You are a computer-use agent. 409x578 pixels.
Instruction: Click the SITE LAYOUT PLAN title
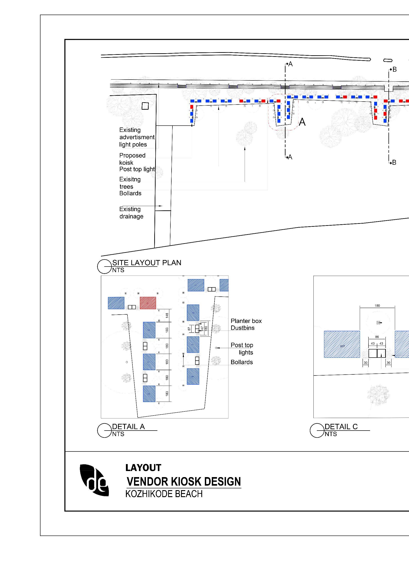(x=147, y=262)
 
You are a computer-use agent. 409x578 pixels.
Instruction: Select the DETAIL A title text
(x=128, y=427)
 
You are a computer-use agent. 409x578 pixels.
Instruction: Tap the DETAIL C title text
(x=341, y=427)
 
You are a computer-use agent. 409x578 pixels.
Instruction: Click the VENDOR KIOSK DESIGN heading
(x=184, y=482)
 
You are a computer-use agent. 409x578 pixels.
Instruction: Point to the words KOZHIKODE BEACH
(x=164, y=494)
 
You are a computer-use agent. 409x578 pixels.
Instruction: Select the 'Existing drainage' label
(x=131, y=213)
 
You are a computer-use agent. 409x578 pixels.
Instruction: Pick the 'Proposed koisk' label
(x=132, y=159)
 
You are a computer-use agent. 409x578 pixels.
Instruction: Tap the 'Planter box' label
(x=246, y=321)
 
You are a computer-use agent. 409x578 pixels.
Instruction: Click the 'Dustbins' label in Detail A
(x=243, y=328)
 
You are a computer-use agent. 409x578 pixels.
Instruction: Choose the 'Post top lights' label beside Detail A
(x=242, y=349)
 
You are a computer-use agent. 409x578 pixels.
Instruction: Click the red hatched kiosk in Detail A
(x=148, y=303)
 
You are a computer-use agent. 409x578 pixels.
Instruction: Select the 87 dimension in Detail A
(x=189, y=329)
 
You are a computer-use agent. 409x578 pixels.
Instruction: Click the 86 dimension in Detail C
(x=377, y=337)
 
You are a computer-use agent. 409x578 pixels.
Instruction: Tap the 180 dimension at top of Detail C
(x=377, y=306)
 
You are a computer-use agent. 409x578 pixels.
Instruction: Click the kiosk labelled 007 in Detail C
(x=342, y=344)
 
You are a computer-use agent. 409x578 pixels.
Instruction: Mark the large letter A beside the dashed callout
(x=302, y=122)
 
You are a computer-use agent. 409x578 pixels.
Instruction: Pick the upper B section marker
(x=394, y=69)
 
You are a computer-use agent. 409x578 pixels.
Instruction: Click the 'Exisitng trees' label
(x=130, y=183)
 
